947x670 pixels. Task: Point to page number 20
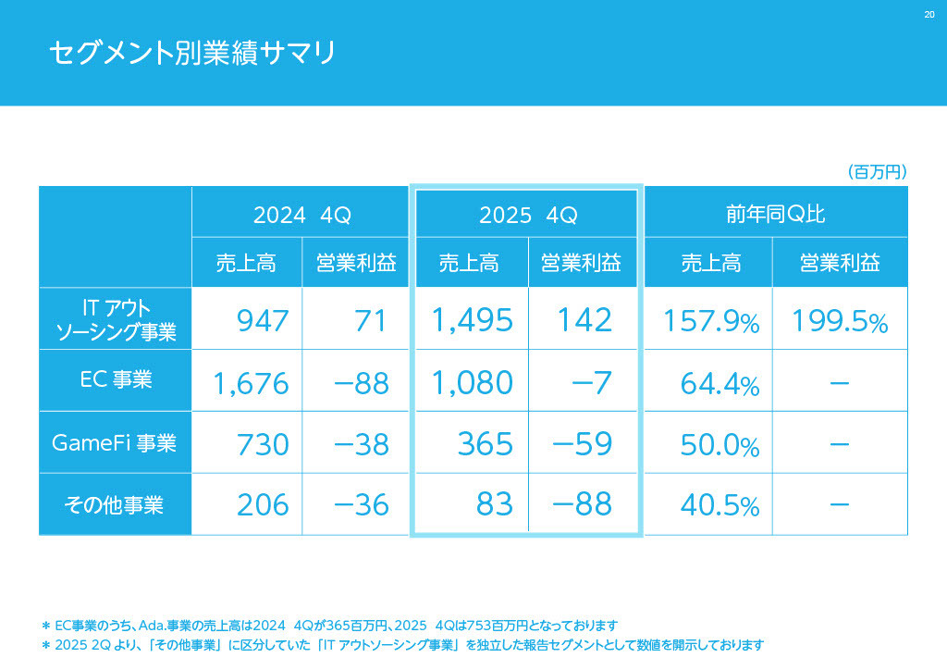point(929,14)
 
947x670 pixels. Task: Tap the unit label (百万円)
point(876,172)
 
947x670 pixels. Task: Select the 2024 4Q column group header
point(301,215)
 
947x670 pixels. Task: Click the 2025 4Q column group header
point(527,215)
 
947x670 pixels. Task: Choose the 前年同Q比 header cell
point(775,215)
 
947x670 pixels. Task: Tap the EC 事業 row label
point(116,379)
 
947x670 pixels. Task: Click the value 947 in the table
point(263,321)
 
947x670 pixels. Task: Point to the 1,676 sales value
point(251,382)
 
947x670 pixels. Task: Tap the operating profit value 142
point(584,320)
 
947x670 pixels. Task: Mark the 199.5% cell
point(839,322)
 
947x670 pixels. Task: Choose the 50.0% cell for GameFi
point(719,445)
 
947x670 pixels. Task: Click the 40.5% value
point(719,506)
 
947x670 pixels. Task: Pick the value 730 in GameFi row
point(263,444)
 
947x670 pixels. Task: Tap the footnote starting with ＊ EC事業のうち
point(329,626)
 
